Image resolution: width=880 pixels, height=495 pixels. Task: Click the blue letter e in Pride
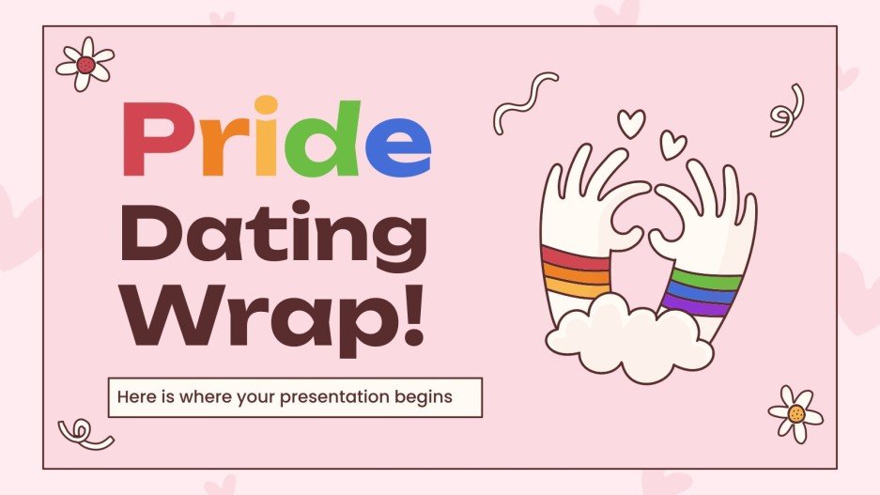tap(397, 150)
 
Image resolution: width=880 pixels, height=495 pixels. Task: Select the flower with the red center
tap(85, 64)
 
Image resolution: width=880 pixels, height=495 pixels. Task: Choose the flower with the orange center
tap(795, 413)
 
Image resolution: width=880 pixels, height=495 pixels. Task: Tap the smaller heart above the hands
tap(672, 145)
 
